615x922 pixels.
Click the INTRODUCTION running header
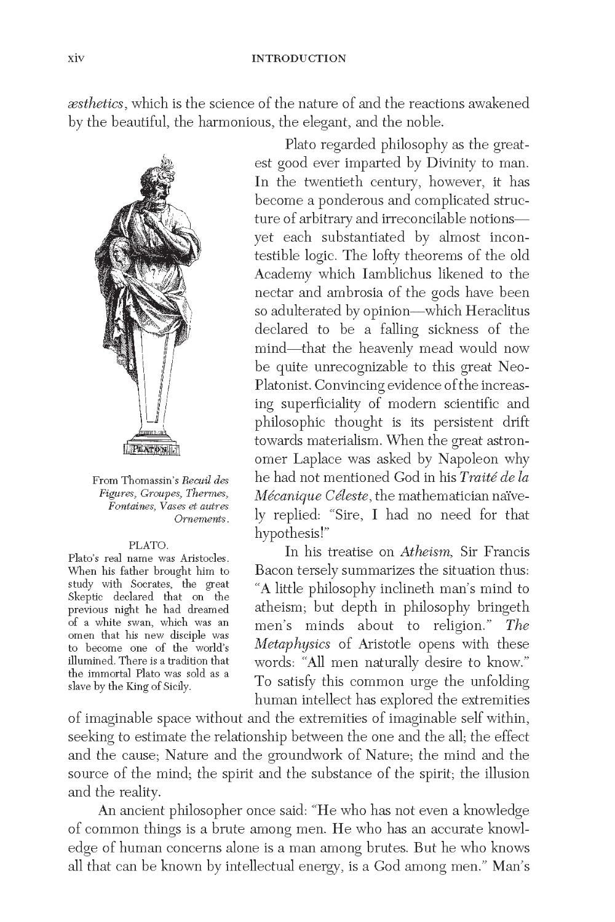(x=299, y=59)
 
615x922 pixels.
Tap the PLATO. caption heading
(x=149, y=545)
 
